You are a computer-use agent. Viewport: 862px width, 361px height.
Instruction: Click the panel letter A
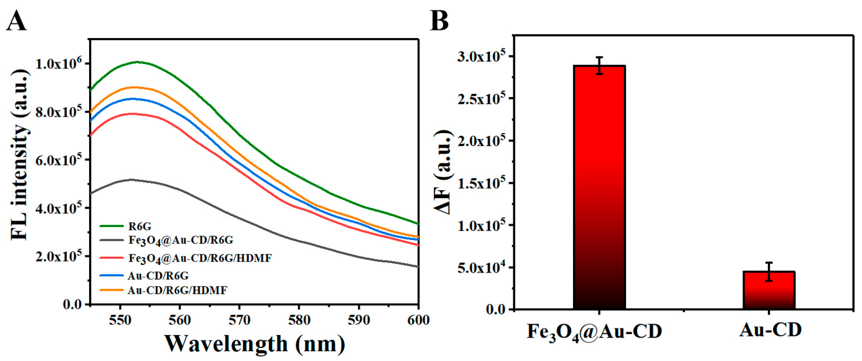16,21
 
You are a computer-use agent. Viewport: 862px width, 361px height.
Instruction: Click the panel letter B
439,21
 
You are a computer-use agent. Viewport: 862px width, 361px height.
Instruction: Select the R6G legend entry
140,227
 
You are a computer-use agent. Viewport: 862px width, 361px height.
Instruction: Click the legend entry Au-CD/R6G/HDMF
177,290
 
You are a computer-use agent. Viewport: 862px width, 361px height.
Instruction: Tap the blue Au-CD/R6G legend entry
158,276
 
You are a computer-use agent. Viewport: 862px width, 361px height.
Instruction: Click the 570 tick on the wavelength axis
239,320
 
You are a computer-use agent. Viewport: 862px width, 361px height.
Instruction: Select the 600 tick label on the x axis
418,320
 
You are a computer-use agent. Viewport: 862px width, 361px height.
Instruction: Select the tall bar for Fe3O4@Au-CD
599,188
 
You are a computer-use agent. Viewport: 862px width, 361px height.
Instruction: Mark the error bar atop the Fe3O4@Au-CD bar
599,65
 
